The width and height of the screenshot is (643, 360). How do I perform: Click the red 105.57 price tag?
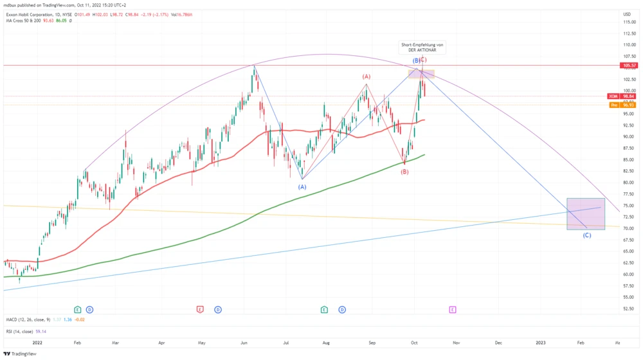(x=629, y=66)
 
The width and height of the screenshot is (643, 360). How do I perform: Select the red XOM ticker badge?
(x=613, y=96)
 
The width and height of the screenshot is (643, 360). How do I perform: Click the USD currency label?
(x=627, y=14)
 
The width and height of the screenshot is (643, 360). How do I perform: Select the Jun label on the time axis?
(x=244, y=344)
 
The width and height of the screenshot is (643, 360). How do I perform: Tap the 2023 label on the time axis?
(x=541, y=344)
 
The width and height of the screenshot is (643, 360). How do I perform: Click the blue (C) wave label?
(x=586, y=235)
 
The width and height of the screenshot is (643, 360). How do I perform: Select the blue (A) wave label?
(x=302, y=186)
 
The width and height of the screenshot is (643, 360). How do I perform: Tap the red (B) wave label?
(x=404, y=172)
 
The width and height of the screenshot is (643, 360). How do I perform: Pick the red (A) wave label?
(x=367, y=76)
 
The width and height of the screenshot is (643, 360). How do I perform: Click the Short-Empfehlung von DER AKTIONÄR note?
(x=422, y=47)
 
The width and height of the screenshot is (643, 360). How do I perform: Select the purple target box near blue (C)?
(x=585, y=214)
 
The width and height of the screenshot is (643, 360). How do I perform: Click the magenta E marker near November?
(x=453, y=310)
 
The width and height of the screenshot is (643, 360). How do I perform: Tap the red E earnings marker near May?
(x=200, y=310)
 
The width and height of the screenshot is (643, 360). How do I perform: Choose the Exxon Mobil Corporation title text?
(x=32, y=14)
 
